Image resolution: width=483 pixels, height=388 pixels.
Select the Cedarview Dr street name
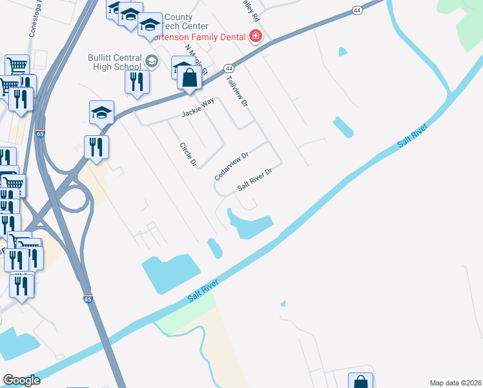pos(232,166)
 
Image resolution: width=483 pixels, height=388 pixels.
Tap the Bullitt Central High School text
pos(115,62)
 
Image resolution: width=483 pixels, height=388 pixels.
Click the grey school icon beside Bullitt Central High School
pos(152,61)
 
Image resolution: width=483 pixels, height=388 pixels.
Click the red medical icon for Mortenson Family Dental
pos(256,35)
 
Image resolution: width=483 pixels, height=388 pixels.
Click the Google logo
pos(22,380)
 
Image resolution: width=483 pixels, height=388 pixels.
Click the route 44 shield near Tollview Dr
pos(229,68)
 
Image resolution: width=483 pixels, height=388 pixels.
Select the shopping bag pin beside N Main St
pos(189,78)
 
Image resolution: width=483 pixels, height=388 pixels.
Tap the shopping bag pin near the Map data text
pos(360,382)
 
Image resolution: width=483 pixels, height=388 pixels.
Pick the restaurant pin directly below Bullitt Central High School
pos(137,81)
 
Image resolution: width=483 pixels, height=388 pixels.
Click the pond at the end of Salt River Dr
pos(251,224)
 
